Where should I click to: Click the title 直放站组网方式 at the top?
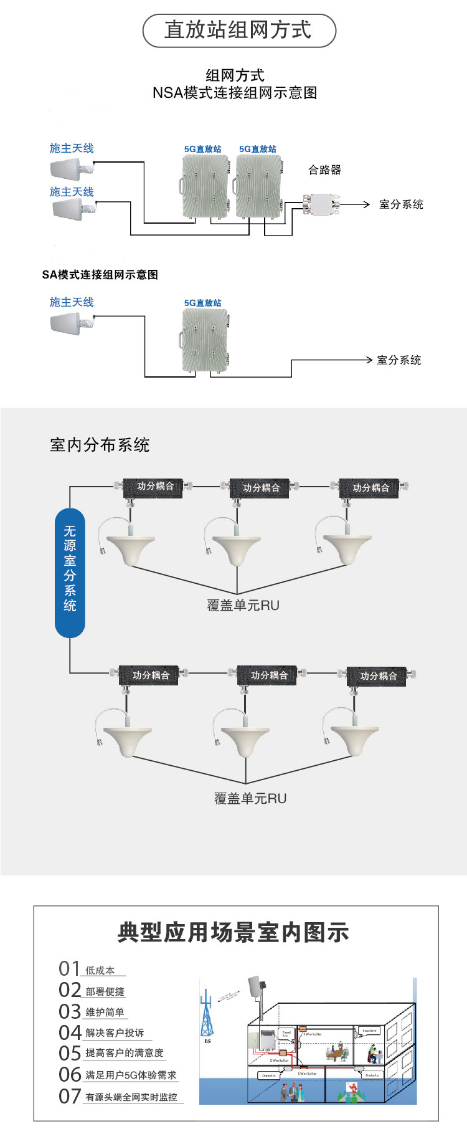pyautogui.click(x=239, y=31)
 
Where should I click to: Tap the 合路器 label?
pyautogui.click(x=324, y=169)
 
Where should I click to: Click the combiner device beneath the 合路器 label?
pyautogui.click(x=321, y=204)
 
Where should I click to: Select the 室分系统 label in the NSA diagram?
pyautogui.click(x=401, y=204)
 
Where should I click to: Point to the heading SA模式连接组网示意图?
pyautogui.click(x=100, y=275)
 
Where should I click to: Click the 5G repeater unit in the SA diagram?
pyautogui.click(x=205, y=340)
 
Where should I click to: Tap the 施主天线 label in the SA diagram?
pyautogui.click(x=72, y=302)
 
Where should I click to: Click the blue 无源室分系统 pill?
pyautogui.click(x=70, y=573)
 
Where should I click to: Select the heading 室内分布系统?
pyautogui.click(x=100, y=445)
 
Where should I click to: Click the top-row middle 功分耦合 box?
pyautogui.click(x=261, y=488)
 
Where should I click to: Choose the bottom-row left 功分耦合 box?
pyautogui.click(x=150, y=675)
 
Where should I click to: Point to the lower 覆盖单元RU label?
pyautogui.click(x=250, y=798)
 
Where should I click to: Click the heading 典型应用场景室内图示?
pyautogui.click(x=233, y=932)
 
